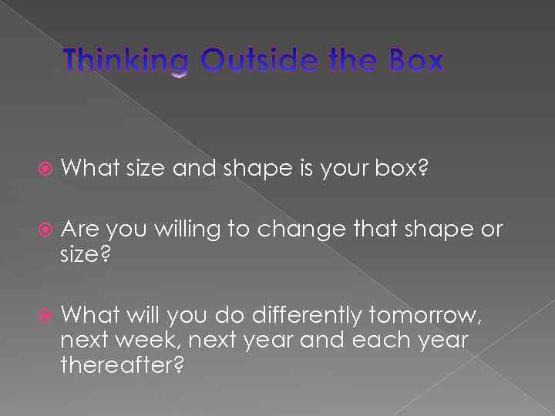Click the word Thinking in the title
(125, 61)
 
